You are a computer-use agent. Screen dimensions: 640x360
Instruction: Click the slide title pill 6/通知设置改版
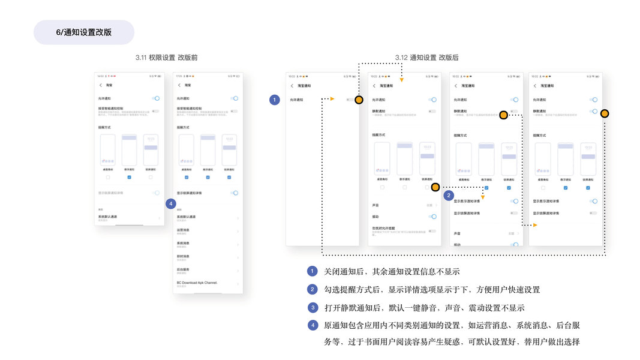point(84,32)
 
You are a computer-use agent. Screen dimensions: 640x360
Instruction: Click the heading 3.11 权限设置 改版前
point(166,58)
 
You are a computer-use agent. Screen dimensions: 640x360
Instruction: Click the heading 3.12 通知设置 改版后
point(426,58)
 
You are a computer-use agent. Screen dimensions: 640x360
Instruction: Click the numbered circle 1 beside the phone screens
point(275,100)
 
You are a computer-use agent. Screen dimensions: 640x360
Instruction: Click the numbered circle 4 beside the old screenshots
point(171,203)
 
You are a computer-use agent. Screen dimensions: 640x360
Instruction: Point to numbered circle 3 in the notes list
point(313,308)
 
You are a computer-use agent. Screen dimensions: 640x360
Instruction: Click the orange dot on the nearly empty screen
point(359,100)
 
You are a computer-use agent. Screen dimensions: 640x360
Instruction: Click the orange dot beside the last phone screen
point(605,113)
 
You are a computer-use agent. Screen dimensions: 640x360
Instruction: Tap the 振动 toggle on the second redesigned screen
point(432,217)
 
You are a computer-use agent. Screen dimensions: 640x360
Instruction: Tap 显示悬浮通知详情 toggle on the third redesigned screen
point(514,202)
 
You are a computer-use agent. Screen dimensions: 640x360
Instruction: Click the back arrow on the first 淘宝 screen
point(101,85)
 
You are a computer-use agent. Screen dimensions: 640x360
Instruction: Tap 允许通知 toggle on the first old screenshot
point(156,98)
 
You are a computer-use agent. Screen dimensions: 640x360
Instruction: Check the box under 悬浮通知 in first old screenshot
point(129,177)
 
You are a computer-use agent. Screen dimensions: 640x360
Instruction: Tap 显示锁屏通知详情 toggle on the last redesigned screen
point(593,213)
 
